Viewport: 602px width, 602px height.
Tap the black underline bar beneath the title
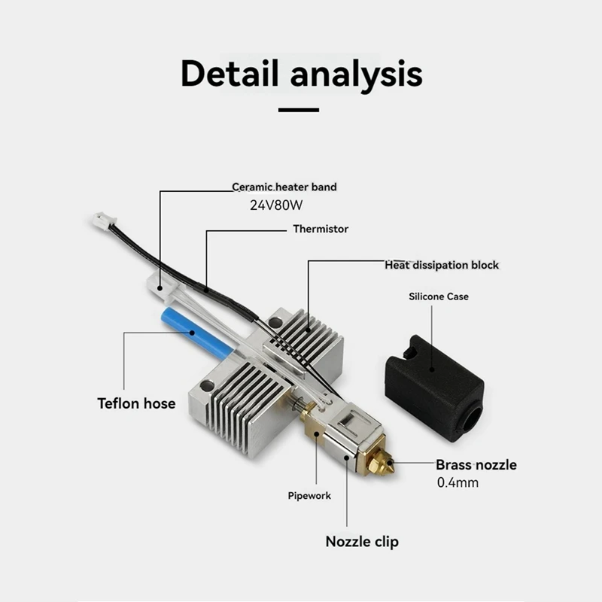pyautogui.click(x=299, y=110)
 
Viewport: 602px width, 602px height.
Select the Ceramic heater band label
pyautogui.click(x=284, y=187)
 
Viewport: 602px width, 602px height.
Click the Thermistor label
pyautogui.click(x=321, y=229)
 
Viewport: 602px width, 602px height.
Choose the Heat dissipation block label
pyautogui.click(x=442, y=265)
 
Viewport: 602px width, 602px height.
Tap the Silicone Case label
pyautogui.click(x=439, y=296)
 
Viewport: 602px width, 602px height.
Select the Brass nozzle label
pyautogui.click(x=476, y=464)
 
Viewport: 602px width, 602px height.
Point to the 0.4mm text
pyautogui.click(x=458, y=482)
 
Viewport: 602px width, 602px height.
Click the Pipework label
pyautogui.click(x=309, y=496)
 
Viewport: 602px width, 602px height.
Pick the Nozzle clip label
pyautogui.click(x=362, y=541)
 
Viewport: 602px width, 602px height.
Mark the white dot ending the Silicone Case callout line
pyautogui.click(x=432, y=369)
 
